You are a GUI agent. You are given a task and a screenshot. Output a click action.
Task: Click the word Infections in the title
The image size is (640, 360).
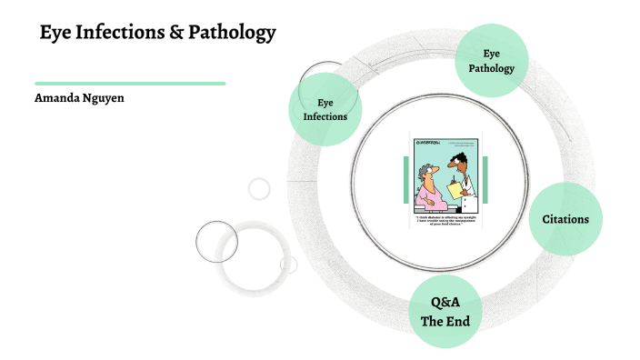[125, 35]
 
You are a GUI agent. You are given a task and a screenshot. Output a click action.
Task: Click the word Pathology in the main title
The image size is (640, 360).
[233, 35]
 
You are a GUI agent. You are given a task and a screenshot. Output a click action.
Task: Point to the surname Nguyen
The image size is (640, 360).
[104, 97]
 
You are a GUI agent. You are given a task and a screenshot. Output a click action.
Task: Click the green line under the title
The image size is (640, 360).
[130, 83]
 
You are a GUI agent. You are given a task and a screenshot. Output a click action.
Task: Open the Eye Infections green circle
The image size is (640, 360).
[325, 109]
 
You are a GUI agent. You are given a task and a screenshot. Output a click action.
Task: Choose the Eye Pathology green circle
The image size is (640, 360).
[491, 61]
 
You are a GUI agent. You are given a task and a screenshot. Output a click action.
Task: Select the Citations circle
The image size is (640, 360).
[565, 218]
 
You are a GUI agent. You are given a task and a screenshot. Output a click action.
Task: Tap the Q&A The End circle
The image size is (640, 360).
[445, 311]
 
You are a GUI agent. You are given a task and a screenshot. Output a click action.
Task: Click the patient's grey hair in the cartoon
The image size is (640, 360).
[425, 171]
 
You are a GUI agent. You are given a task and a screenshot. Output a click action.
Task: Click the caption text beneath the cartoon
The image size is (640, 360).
[445, 221]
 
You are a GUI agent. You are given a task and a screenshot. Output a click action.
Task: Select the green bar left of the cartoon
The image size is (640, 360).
[405, 179]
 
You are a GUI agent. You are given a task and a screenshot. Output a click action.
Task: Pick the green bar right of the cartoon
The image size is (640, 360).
[485, 179]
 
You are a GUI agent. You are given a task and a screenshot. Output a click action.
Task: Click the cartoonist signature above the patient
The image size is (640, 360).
[426, 143]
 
